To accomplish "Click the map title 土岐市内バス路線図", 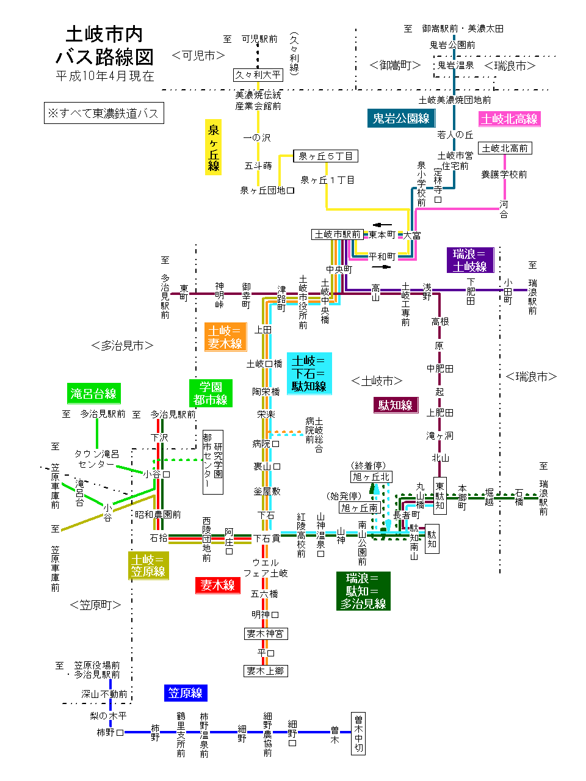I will tap(104, 46).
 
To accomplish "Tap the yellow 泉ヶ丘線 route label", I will tap(213, 147).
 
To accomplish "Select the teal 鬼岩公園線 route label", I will tap(401, 118).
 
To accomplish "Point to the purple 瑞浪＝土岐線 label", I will tap(469, 260).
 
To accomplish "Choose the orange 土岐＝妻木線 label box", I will tap(225, 337).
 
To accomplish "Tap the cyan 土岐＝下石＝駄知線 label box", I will tap(309, 373).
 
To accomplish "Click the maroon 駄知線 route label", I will tap(396, 405).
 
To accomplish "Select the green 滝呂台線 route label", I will tap(93, 393).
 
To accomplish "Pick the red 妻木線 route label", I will tap(218, 585).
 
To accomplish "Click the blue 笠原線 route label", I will tap(186, 693).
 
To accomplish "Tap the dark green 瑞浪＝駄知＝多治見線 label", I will tap(363, 590).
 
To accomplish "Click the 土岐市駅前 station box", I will tap(337, 234).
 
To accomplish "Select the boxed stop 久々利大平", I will tap(258, 74).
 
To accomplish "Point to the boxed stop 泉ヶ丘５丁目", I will tap(325, 156).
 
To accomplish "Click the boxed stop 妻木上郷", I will tap(266, 670).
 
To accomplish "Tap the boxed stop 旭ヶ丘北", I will tap(371, 477).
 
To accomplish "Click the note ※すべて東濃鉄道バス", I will tap(104, 113).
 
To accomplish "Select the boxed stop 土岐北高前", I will tap(505, 148).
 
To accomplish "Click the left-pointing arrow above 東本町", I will tap(382, 225).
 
